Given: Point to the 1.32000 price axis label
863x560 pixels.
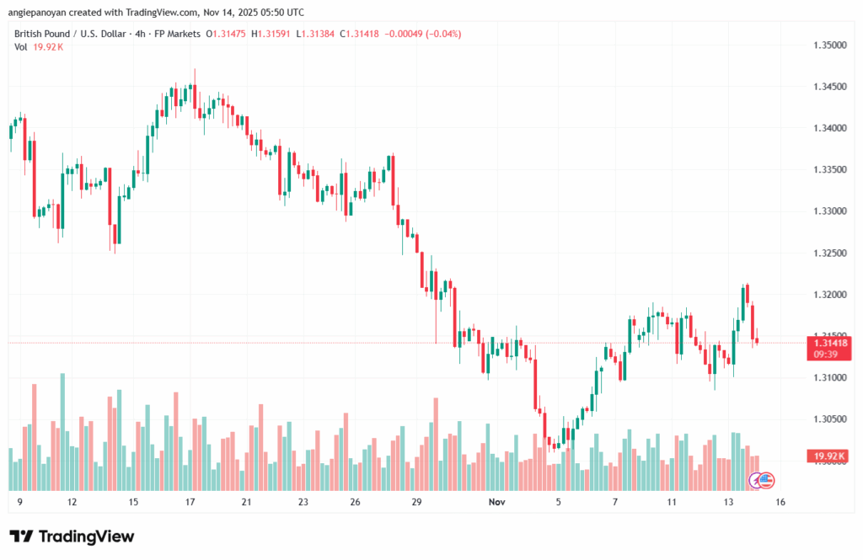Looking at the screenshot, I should coord(828,295).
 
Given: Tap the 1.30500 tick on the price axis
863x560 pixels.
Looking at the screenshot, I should coord(828,419).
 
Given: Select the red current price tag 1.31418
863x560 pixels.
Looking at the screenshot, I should coord(830,343).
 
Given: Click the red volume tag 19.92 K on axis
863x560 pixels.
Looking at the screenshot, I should coord(830,456).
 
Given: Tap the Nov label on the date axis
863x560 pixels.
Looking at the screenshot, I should coord(497,502).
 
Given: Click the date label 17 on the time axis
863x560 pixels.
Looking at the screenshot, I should coord(190,502).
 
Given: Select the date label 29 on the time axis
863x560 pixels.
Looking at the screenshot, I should coord(415,502).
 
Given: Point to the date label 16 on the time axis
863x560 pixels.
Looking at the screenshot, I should coord(780,502).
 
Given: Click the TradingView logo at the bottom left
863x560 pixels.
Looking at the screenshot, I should coord(72,536).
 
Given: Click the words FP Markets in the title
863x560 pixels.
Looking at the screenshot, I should coord(177,34).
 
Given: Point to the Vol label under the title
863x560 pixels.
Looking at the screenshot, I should coord(21,47).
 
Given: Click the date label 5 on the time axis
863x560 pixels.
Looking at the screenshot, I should coord(558,502).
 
